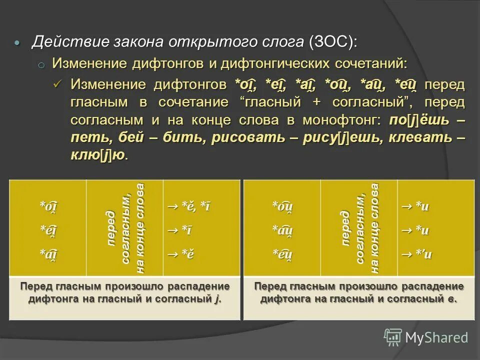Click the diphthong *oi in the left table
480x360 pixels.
point(48,206)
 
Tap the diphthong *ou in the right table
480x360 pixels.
point(282,206)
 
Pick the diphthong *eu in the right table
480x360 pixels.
point(282,255)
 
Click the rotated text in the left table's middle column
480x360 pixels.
point(125,228)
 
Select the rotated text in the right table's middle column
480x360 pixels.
point(359,228)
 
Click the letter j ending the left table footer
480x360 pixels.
point(217,299)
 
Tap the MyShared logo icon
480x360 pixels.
point(392,337)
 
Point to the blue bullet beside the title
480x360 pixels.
point(17,43)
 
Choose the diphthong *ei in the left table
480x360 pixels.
point(48,230)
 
